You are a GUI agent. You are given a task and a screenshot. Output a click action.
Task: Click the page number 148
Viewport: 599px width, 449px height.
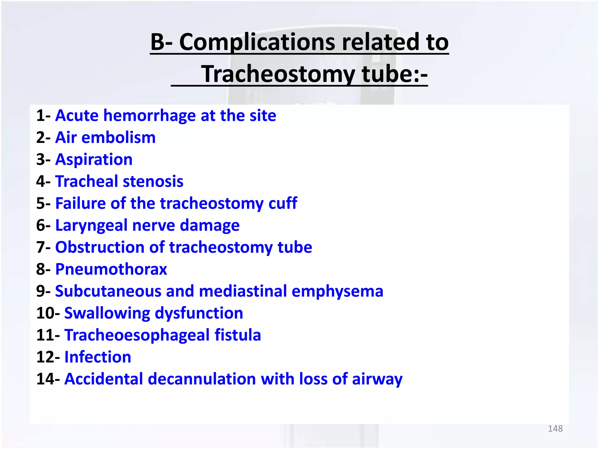click(555, 429)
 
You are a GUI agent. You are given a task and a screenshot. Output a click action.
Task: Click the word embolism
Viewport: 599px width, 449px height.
click(118, 138)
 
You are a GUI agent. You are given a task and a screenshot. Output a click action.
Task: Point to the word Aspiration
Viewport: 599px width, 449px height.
click(94, 160)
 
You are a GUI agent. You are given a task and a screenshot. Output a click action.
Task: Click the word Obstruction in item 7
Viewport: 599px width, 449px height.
click(100, 247)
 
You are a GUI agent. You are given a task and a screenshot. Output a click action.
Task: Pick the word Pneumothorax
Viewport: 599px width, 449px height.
click(111, 269)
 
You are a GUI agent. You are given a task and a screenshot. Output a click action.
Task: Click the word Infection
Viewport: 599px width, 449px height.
click(98, 357)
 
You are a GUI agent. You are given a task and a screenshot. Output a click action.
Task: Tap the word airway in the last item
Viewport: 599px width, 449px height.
click(377, 379)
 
